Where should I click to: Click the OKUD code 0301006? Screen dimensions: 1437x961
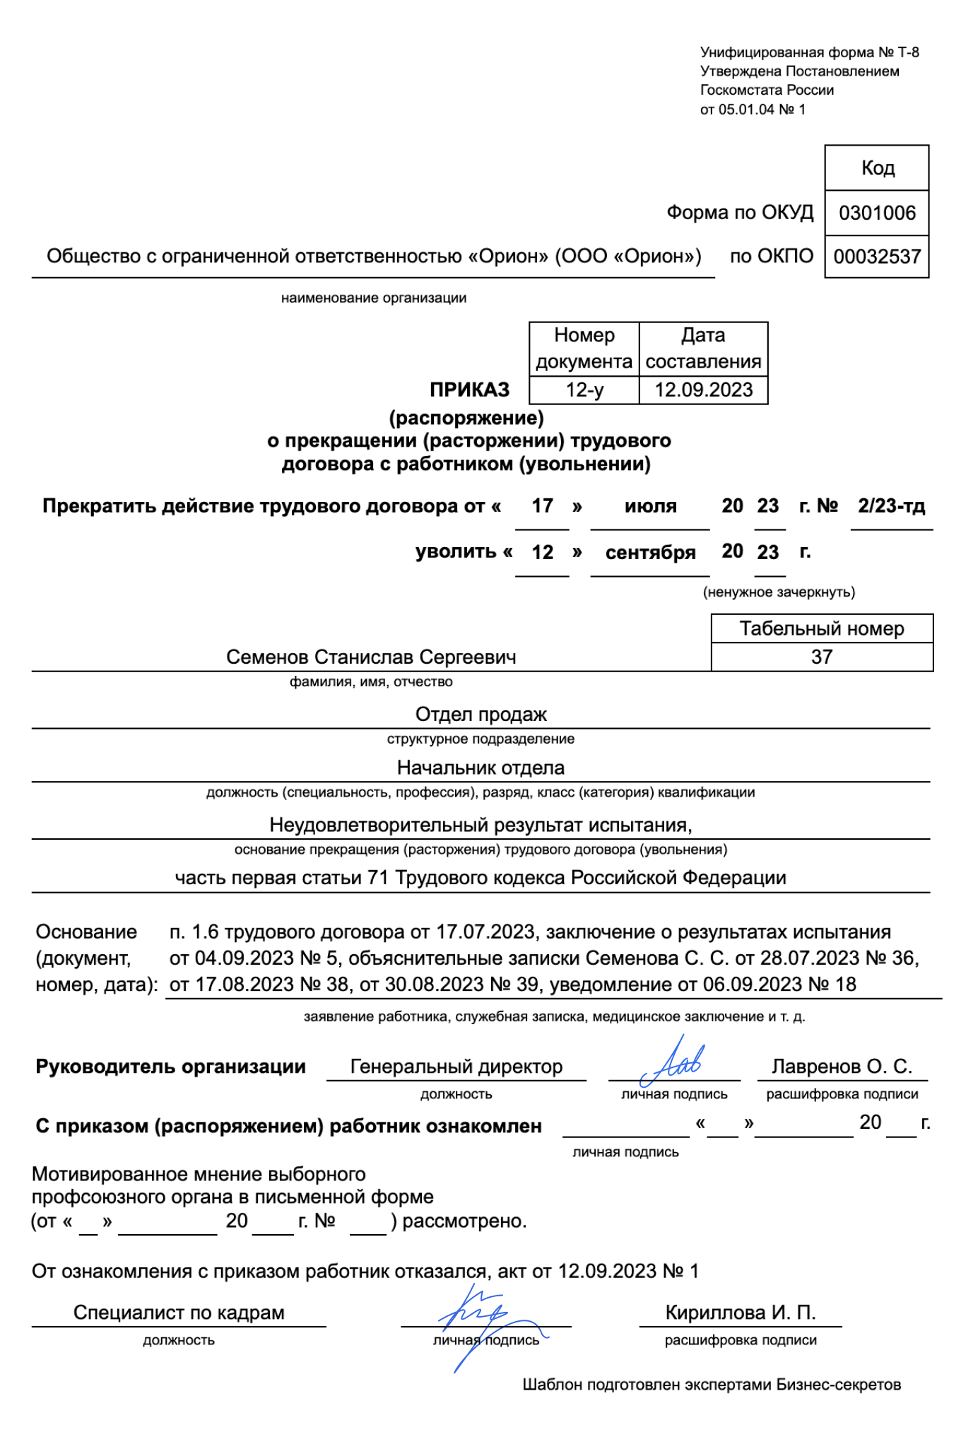click(876, 213)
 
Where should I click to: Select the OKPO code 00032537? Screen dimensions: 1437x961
click(876, 257)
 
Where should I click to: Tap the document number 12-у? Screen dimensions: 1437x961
click(584, 389)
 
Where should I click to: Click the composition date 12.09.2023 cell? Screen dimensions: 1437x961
click(703, 389)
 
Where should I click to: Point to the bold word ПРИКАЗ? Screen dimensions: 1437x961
click(469, 389)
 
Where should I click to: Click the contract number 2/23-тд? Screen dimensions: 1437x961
click(891, 506)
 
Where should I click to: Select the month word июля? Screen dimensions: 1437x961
click(650, 506)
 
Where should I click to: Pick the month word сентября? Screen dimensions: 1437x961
click(650, 553)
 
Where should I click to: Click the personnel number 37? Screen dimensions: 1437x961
click(821, 657)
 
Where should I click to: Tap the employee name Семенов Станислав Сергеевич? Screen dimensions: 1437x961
click(371, 657)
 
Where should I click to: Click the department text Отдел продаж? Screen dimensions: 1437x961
click(481, 714)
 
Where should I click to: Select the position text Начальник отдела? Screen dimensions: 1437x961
click(481, 768)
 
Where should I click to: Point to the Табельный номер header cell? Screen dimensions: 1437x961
click(821, 628)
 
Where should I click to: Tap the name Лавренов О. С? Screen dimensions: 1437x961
click(842, 1066)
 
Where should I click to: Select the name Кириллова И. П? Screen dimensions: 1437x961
click(740, 1313)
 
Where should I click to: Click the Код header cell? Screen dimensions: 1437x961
click(877, 168)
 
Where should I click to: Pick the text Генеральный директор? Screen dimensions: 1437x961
click(456, 1066)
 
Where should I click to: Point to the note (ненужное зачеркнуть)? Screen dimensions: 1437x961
click(778, 592)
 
